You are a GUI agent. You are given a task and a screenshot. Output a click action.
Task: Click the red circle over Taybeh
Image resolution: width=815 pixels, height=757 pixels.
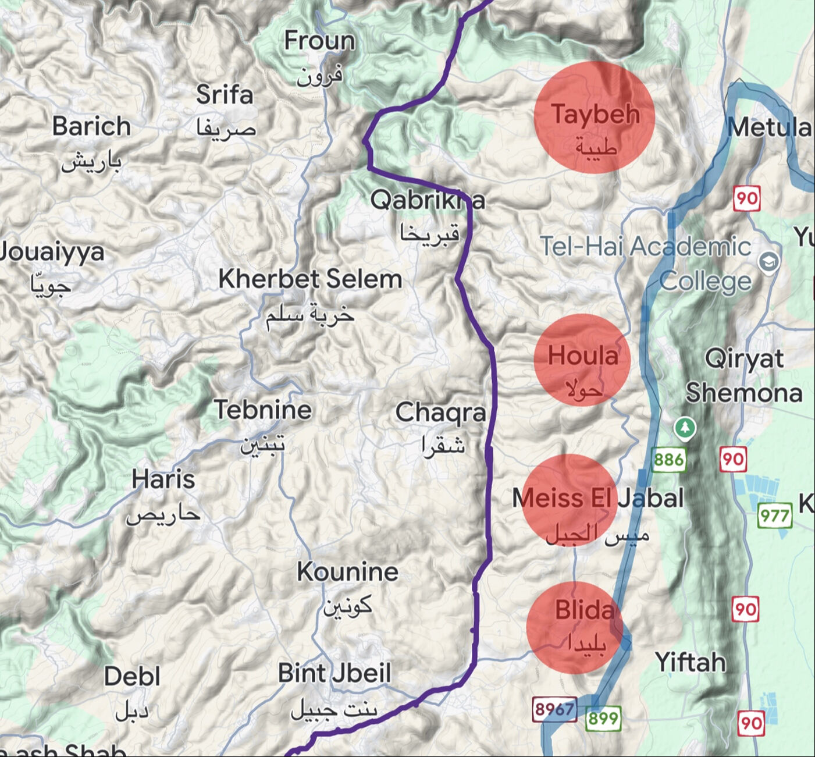(x=595, y=117)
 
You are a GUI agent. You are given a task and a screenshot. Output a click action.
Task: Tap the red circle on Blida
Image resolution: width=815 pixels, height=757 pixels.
(x=575, y=627)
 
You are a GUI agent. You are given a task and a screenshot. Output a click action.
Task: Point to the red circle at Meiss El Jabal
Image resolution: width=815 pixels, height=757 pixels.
(x=570, y=500)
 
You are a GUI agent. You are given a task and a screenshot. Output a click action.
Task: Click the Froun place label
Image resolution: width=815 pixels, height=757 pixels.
(x=319, y=41)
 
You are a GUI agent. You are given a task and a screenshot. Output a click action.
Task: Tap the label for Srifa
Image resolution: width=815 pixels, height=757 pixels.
(x=225, y=95)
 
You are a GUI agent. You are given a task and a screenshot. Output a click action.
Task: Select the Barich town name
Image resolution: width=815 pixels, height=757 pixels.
(x=91, y=126)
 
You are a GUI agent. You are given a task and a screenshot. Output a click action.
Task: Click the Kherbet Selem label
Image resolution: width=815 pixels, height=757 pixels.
(x=310, y=279)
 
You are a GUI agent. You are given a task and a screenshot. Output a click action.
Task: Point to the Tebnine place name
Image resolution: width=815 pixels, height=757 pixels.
(x=263, y=410)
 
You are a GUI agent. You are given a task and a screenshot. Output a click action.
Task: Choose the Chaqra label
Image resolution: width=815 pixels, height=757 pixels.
(x=440, y=413)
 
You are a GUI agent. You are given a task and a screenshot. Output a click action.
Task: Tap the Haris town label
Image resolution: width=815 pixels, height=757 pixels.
(x=163, y=480)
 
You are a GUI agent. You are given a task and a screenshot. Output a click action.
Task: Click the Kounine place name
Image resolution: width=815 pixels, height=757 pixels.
(x=347, y=572)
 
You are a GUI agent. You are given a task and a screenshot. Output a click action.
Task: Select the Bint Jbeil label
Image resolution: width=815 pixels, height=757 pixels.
(x=334, y=673)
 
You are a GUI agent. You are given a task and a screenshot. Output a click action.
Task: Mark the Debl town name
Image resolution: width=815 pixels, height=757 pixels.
(x=132, y=677)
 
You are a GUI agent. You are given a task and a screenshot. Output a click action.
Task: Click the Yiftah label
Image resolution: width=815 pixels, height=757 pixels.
(x=691, y=662)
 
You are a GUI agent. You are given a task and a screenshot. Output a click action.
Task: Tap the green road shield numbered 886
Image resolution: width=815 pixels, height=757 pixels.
(x=668, y=460)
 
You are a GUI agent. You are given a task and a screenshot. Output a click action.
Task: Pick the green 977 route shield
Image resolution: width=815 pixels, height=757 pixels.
(x=775, y=516)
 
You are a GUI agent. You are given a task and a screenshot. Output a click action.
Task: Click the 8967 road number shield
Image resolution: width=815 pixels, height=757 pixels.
(x=554, y=709)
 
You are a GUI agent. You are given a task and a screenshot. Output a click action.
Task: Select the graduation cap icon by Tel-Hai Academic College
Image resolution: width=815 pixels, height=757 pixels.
(x=769, y=262)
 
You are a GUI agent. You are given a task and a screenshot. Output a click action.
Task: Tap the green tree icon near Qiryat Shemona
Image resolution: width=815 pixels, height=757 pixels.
(x=685, y=428)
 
